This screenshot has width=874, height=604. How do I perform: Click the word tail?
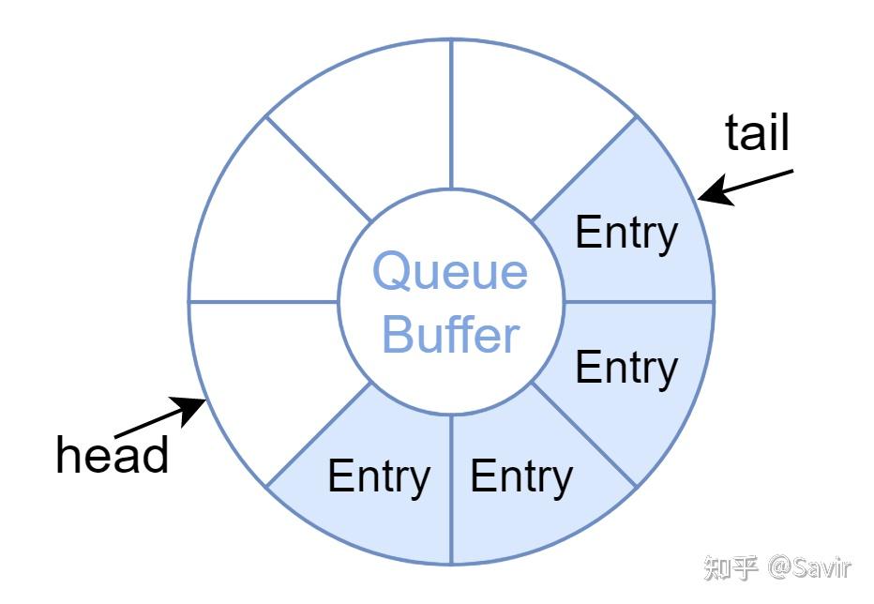[x=757, y=132]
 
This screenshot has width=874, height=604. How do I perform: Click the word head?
[x=112, y=455]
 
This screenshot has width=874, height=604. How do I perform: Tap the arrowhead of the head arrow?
[x=190, y=409]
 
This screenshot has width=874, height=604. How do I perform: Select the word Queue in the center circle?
[x=450, y=272]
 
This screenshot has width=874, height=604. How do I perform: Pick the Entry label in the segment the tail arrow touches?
[x=626, y=234]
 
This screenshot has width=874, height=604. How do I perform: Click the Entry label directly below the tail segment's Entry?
[x=626, y=368]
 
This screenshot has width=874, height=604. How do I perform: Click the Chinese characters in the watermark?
[x=731, y=567]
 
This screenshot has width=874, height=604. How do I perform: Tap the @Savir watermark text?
[x=810, y=567]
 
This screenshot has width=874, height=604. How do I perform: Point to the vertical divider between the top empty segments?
[x=451, y=113]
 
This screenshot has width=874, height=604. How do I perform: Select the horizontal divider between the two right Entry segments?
[x=640, y=302]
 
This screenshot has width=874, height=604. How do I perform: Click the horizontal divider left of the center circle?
[x=264, y=302]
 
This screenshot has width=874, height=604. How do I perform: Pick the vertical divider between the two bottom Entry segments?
[x=451, y=490]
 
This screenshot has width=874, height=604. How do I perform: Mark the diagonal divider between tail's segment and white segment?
[x=584, y=169]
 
